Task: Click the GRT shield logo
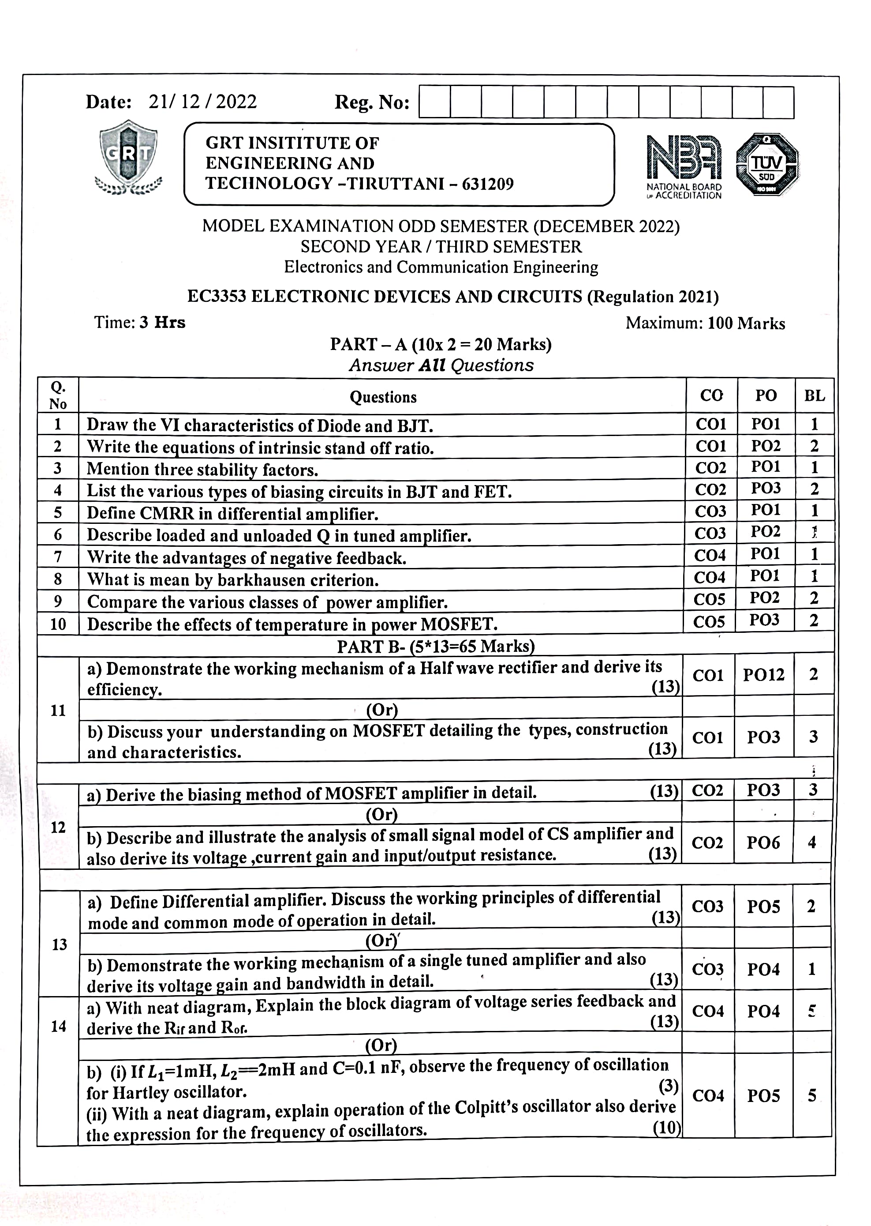129,156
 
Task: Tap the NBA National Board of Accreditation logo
684,166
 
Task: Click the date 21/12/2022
203,102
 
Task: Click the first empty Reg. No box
435,102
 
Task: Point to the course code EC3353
216,297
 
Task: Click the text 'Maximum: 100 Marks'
705,323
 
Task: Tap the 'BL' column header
814,396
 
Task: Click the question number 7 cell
58,556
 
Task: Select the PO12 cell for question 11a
763,675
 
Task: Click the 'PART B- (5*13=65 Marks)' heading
436,646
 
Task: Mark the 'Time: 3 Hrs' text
139,323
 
